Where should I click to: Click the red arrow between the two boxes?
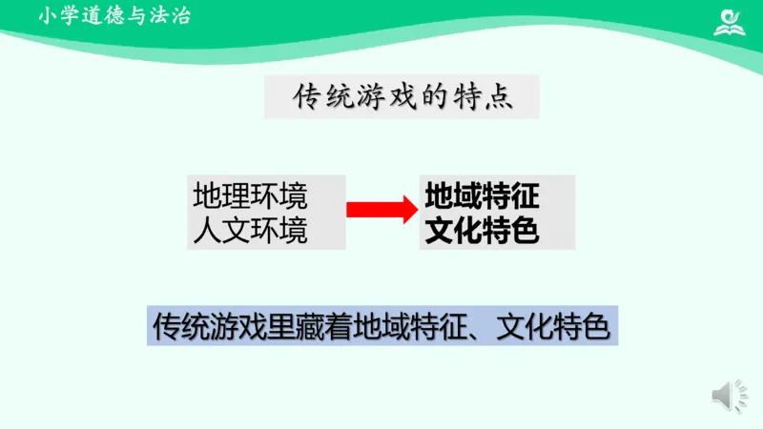[380, 210]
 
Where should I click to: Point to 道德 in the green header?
[101, 15]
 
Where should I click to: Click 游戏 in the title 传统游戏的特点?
[378, 97]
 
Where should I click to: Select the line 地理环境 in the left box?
[250, 195]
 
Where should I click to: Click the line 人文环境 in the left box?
[250, 230]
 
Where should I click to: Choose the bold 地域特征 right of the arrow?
[483, 196]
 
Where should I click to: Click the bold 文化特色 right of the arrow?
[483, 230]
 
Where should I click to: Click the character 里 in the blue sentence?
[280, 327]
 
